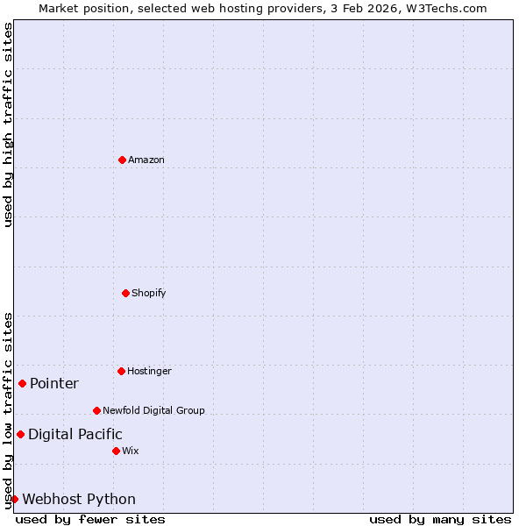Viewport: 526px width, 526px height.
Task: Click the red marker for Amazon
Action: [122, 160]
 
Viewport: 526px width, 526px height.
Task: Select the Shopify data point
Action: [125, 293]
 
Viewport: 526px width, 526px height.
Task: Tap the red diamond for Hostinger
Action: [121, 371]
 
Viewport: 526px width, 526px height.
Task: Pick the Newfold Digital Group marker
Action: [96, 410]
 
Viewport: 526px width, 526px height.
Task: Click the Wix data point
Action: [116, 451]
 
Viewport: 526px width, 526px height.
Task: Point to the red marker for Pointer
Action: [22, 383]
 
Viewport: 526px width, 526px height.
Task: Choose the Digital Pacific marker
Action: [20, 434]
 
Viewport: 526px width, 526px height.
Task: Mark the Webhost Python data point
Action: [14, 499]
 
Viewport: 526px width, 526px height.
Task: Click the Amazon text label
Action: [146, 160]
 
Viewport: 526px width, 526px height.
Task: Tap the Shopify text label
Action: [149, 293]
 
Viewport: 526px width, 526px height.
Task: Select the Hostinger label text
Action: [149, 371]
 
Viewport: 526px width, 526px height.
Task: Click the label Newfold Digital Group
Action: [153, 410]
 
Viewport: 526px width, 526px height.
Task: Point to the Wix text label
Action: [130, 451]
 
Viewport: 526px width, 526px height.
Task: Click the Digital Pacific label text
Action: [75, 434]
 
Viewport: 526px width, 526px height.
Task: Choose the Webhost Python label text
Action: [79, 499]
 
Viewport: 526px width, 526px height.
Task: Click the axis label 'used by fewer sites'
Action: [90, 519]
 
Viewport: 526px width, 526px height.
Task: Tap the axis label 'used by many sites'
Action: [440, 519]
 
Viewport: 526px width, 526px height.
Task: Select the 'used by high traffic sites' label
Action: [8, 124]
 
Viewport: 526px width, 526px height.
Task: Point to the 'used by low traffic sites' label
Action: [8, 410]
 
